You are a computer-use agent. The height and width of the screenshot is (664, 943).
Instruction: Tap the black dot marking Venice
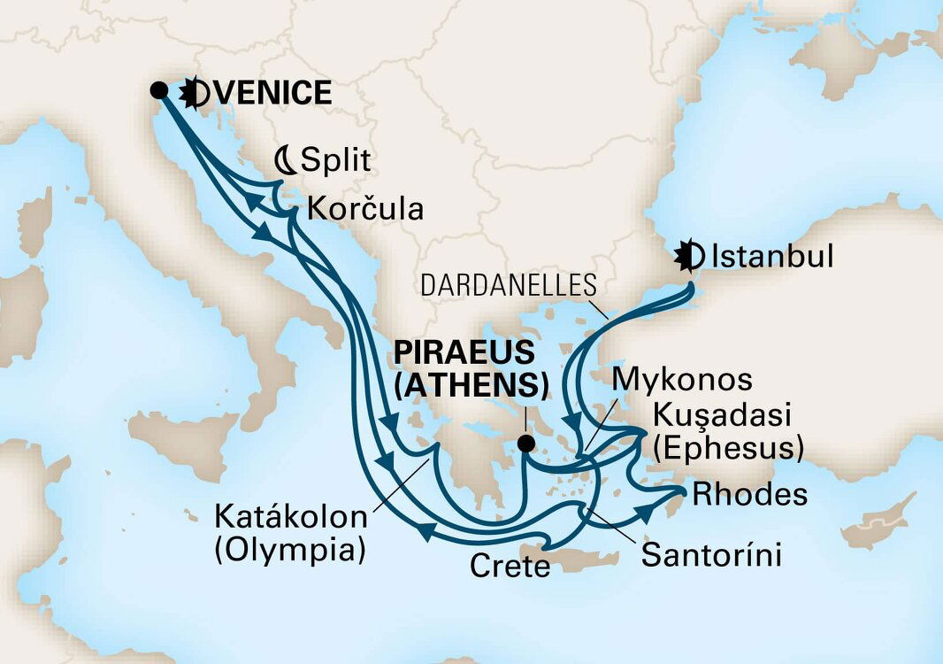tap(159, 89)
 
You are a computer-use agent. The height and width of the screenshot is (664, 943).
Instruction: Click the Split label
tap(334, 161)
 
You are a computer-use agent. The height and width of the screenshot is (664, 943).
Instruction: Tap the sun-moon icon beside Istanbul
tap(689, 257)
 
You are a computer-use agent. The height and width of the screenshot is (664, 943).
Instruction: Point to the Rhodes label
tap(750, 494)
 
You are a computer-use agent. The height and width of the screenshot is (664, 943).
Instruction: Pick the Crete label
tap(510, 566)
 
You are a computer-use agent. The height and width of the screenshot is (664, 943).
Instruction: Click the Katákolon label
tap(289, 517)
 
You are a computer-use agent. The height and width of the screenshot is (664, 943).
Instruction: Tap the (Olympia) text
tap(289, 549)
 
